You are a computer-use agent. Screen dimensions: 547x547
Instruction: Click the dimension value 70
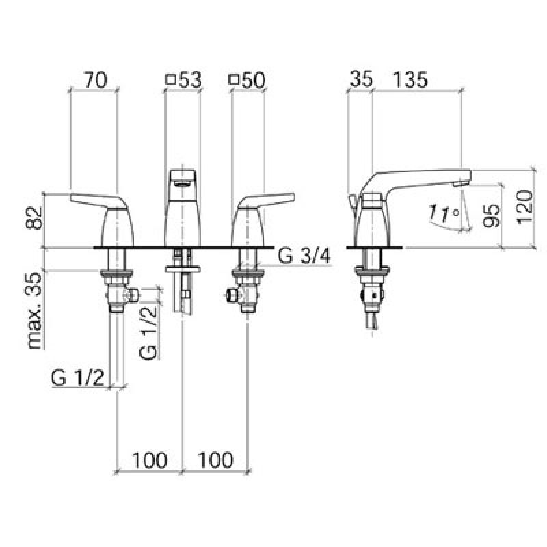[x=96, y=80]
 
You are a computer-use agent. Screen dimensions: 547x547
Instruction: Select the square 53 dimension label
[x=184, y=80]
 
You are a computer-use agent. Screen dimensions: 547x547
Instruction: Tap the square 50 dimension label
[x=247, y=80]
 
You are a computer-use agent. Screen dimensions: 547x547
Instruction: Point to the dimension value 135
[x=410, y=79]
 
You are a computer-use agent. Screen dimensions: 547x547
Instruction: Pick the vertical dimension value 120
[x=524, y=207]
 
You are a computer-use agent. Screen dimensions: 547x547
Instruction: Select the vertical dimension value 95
[x=492, y=215]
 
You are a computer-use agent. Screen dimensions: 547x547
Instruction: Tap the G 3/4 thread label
[x=304, y=256]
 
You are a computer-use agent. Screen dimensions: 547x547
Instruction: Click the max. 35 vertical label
[x=36, y=311]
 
